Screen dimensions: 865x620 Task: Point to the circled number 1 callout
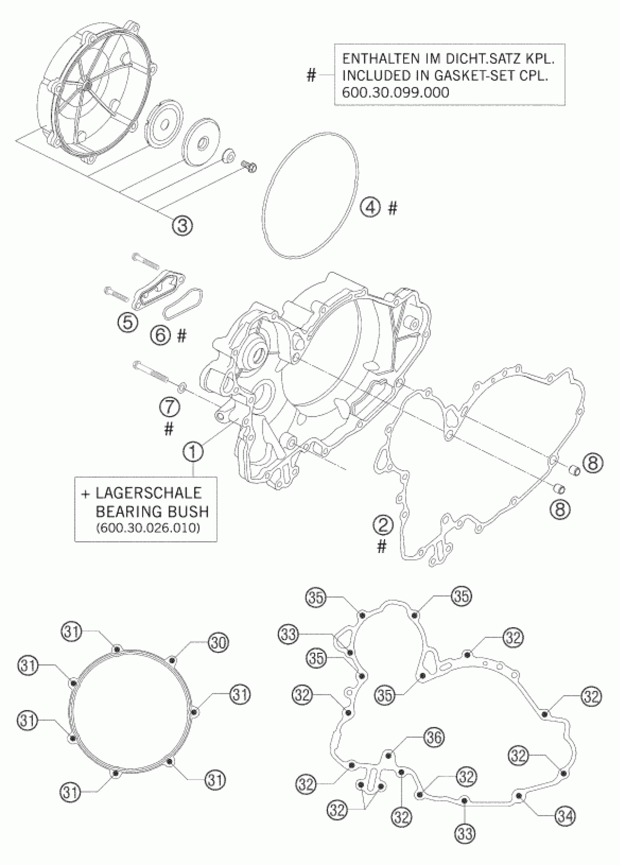pos(193,453)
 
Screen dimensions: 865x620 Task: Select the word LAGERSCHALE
pos(148,493)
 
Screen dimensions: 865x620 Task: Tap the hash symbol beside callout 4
pos(392,208)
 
